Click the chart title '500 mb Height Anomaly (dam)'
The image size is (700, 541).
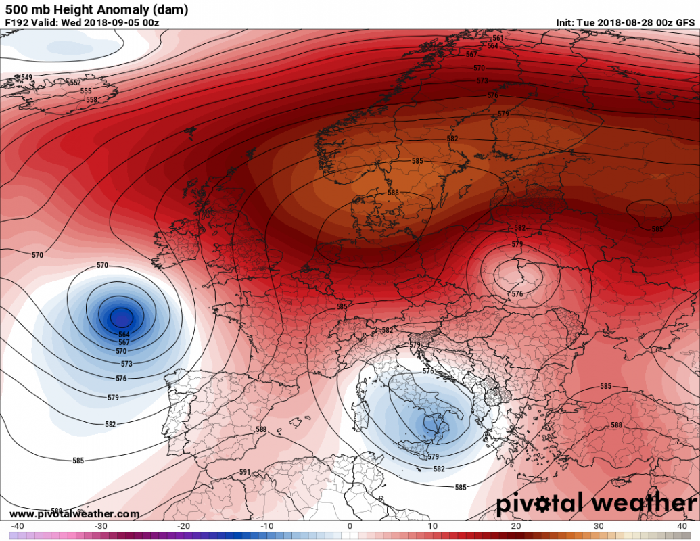[x=97, y=9]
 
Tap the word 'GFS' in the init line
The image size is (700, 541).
[x=685, y=22]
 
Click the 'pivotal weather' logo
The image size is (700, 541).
[x=596, y=504]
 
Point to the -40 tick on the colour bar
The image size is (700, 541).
[x=18, y=526]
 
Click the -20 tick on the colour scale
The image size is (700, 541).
[x=184, y=526]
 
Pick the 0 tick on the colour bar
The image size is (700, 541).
[x=350, y=526]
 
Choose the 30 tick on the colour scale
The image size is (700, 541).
[x=599, y=526]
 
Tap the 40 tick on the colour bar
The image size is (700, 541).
[x=681, y=526]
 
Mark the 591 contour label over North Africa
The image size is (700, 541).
[x=245, y=472]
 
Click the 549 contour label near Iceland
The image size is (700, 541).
[x=27, y=78]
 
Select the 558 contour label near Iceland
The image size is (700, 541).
[x=91, y=99]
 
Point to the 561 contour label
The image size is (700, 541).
[x=498, y=38]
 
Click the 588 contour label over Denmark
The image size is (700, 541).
[x=393, y=193]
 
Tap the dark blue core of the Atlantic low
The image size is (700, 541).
[x=122, y=316]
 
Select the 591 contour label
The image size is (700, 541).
[x=245, y=472]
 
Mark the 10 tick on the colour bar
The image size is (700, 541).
[x=433, y=526]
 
